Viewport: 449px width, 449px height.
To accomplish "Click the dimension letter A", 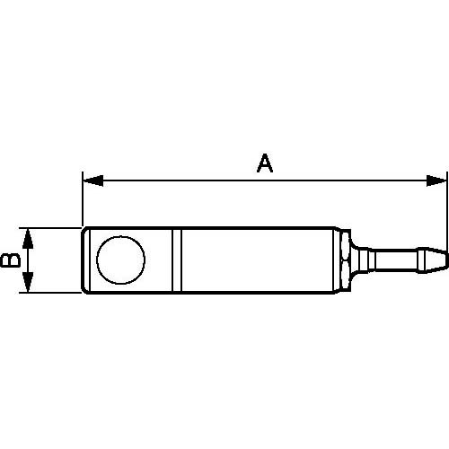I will pyautogui.click(x=264, y=163).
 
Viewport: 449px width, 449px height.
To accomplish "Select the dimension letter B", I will pyautogui.click(x=10, y=260).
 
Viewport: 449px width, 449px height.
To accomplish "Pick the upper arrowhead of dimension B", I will pyautogui.click(x=29, y=236).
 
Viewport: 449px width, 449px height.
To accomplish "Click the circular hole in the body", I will pyautogui.click(x=120, y=260).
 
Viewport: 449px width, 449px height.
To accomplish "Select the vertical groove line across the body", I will pyautogui.click(x=178, y=260).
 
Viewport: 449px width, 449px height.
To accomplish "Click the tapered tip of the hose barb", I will pyautogui.click(x=435, y=260).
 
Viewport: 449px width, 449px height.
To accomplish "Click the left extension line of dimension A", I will pyautogui.click(x=82, y=202).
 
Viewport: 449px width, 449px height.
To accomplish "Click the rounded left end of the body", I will pyautogui.click(x=86, y=260).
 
